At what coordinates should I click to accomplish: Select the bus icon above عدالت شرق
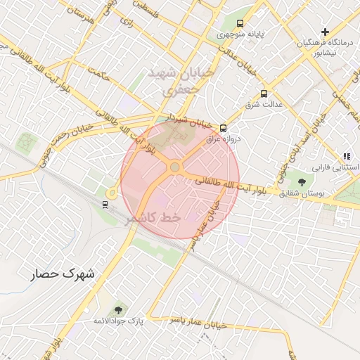(264, 94)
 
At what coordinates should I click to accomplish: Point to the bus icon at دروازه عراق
(223, 128)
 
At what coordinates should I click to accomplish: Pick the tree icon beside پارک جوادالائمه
(117, 310)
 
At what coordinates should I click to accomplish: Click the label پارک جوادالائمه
(119, 321)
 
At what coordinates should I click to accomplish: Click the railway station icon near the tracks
(105, 205)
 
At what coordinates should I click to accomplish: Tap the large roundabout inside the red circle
(174, 167)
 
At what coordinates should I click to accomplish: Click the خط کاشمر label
(154, 219)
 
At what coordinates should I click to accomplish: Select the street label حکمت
(96, 72)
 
